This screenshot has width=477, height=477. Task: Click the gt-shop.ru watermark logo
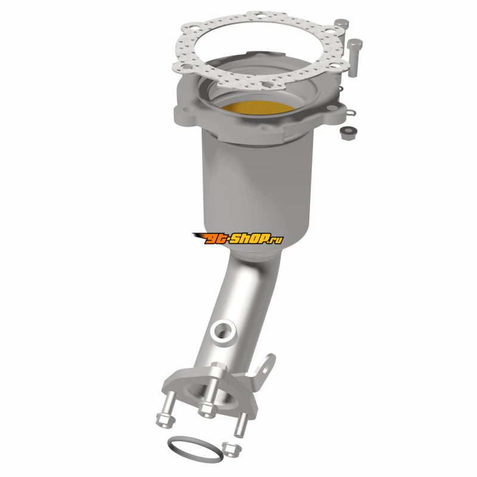point(237,238)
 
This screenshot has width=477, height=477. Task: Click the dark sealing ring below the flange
point(194,449)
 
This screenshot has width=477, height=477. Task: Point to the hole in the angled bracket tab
point(267,369)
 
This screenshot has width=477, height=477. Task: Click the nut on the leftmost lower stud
point(166,420)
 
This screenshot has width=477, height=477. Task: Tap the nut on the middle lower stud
point(207,408)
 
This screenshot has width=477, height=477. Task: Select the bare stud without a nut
point(241,425)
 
